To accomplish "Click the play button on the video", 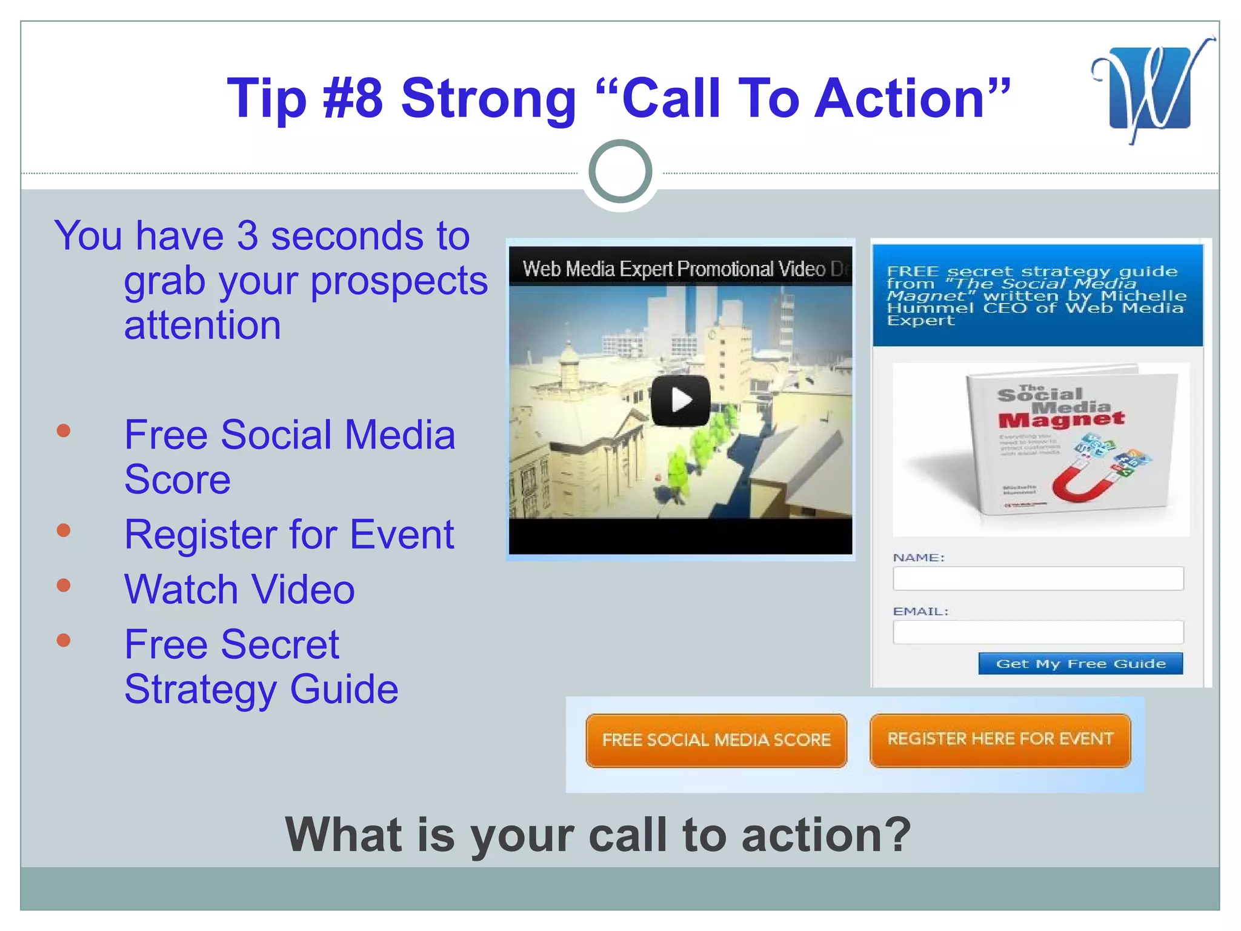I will tap(680, 401).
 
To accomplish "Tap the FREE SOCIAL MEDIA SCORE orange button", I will tap(716, 740).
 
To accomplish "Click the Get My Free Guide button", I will tap(1080, 664).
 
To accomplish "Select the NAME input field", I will tap(1037, 578).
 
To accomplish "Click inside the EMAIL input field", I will tap(1037, 632).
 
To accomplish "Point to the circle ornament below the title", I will tap(620, 172).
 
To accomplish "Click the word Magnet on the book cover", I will tap(1061, 419).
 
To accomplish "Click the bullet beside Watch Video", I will tap(64, 586).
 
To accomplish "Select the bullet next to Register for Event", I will tap(64, 531).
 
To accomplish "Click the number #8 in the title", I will tap(353, 98).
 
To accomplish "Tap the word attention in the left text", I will tap(202, 325).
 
